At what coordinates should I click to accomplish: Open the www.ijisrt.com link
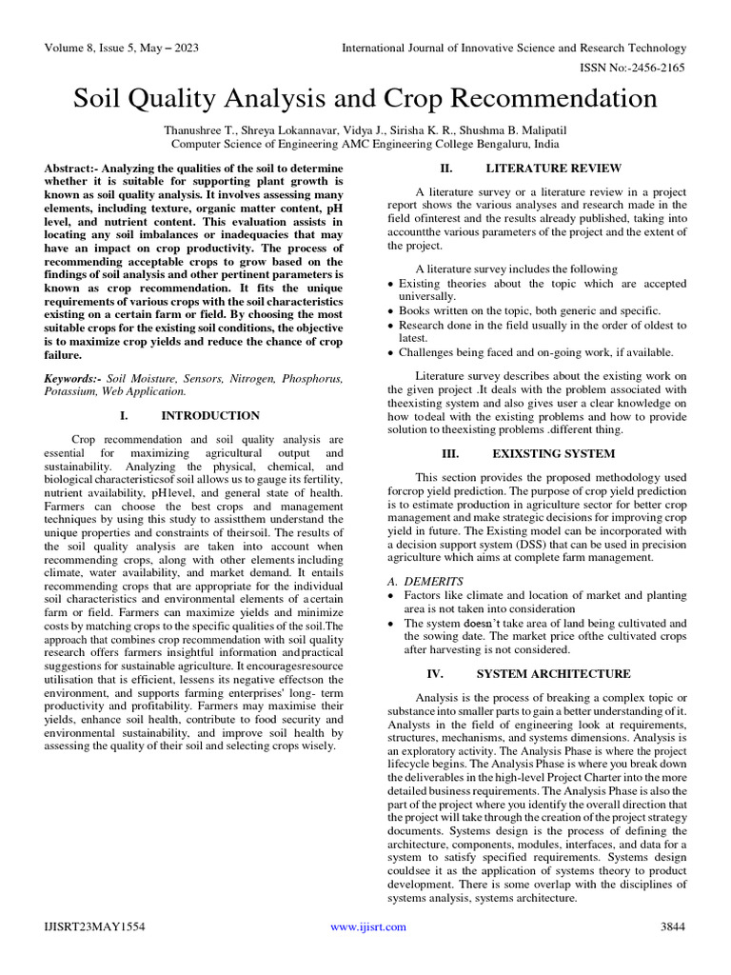click(367, 926)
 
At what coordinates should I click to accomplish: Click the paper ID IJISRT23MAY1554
click(94, 926)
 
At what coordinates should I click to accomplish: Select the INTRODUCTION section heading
click(210, 415)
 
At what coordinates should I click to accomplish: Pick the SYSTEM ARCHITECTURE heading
click(553, 673)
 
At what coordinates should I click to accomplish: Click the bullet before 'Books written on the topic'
click(391, 311)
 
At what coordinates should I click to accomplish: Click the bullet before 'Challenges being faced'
click(391, 352)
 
